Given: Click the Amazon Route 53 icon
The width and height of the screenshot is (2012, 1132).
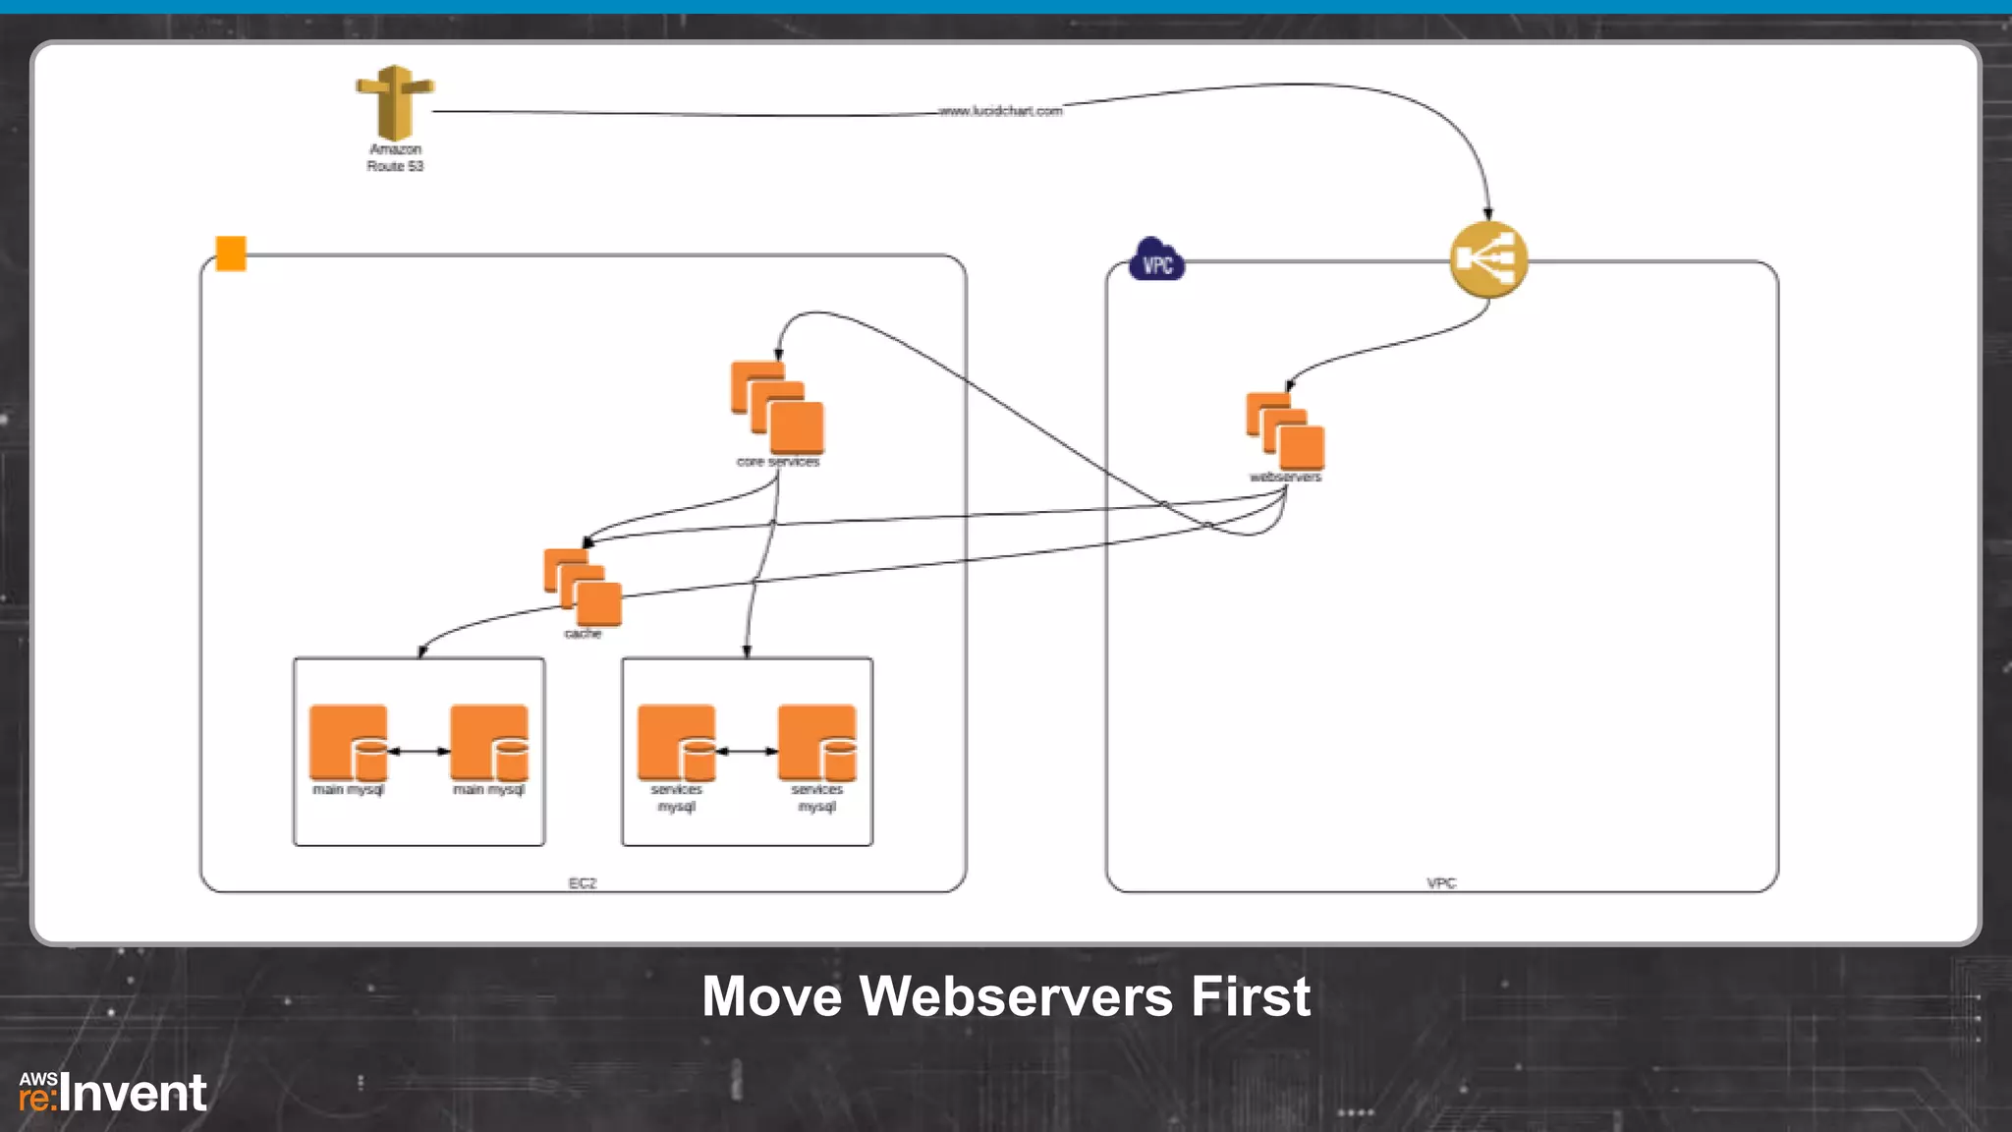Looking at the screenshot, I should coord(394,102).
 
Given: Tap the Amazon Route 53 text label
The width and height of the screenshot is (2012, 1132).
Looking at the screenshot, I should coord(395,157).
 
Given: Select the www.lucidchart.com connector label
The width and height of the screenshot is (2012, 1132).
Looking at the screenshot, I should coord(1000,111).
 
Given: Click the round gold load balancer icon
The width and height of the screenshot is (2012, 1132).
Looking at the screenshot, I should coord(1488,259).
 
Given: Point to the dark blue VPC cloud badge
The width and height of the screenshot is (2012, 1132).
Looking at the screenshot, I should coord(1156,261).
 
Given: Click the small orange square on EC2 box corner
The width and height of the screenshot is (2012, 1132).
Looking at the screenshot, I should coord(231,253).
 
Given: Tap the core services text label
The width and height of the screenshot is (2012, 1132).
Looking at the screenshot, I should coord(777,462).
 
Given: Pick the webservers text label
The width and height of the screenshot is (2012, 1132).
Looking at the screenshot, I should coord(1285,478).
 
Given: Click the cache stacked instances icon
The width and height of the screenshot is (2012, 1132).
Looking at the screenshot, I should coord(583,587).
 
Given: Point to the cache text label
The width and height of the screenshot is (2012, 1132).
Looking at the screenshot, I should coord(583,634).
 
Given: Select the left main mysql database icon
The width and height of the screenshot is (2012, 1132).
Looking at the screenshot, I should coord(349,743).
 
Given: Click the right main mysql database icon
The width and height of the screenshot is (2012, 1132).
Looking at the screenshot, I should coord(489,743).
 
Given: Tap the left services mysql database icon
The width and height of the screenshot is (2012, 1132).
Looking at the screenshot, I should coord(677,743).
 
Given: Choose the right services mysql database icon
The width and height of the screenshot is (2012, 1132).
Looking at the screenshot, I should coord(817,743).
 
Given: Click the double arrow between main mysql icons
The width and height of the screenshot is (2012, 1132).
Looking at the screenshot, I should coord(419,751).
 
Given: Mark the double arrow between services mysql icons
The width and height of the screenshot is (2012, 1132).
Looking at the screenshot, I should coord(748,751).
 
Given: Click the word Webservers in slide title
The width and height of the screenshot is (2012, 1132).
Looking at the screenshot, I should coord(1016,996).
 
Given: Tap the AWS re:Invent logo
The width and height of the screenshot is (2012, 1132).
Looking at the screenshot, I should coord(112,1093).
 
